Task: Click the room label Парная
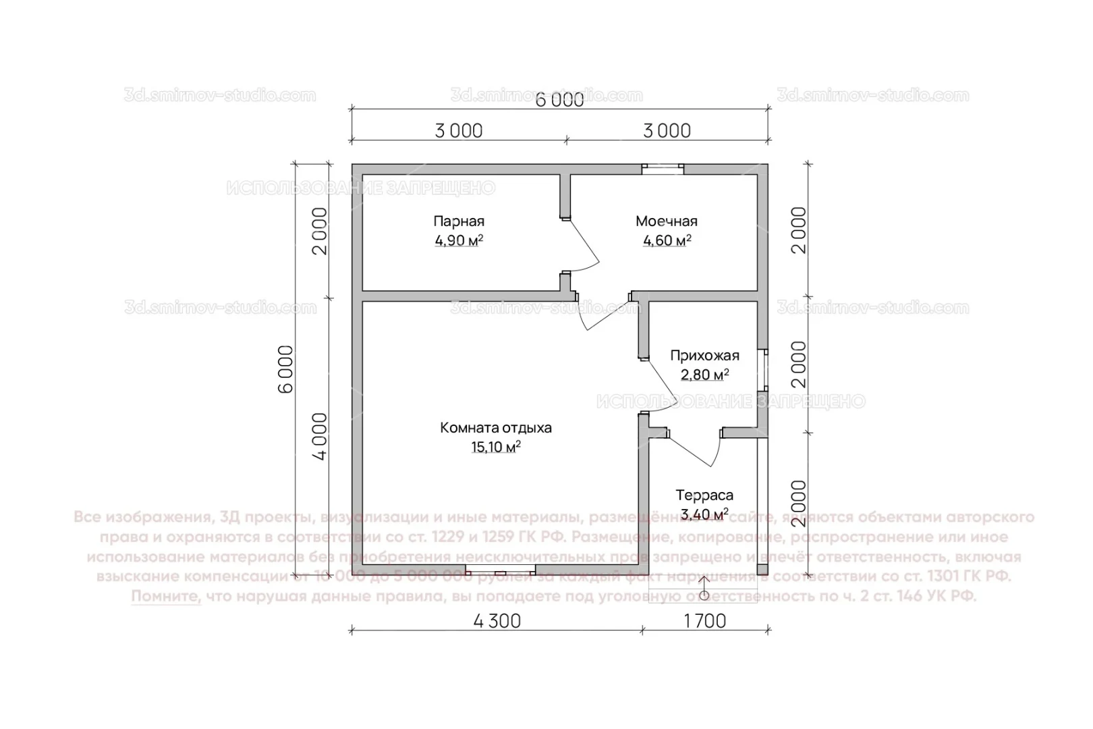(x=459, y=221)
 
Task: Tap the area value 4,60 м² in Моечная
(x=667, y=241)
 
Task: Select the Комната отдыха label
(x=496, y=428)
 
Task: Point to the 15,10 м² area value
(x=496, y=447)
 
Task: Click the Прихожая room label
(x=704, y=356)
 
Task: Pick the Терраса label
(x=704, y=495)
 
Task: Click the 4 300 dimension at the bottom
(x=497, y=621)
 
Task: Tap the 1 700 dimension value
(x=705, y=621)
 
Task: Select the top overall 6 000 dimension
(x=559, y=100)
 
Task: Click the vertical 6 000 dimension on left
(x=286, y=369)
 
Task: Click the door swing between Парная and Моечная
(x=582, y=246)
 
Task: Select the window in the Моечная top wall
(x=662, y=169)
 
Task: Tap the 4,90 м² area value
(x=459, y=241)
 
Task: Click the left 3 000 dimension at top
(x=459, y=131)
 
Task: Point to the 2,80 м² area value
(x=704, y=375)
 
